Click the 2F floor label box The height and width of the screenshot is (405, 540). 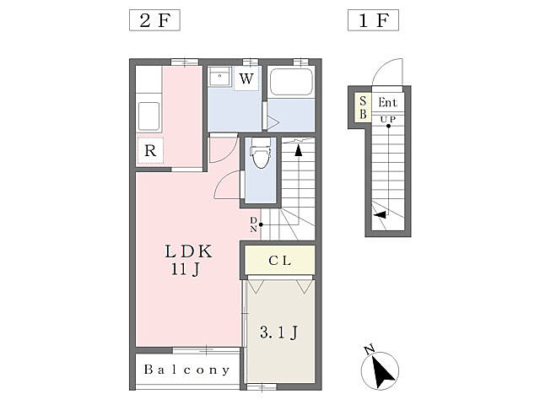(x=154, y=20)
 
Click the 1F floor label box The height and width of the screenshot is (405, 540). (x=373, y=20)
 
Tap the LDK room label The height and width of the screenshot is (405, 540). (x=189, y=251)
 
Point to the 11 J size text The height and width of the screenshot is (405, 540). (x=186, y=269)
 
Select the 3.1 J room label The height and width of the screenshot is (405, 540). (x=279, y=332)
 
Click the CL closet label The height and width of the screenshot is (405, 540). (x=279, y=261)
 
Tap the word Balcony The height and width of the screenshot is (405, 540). (x=186, y=370)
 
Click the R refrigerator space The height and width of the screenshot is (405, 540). (x=150, y=150)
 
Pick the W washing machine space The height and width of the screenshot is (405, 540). (x=246, y=78)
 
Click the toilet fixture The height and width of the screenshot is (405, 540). (x=261, y=153)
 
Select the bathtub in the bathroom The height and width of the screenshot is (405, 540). (x=291, y=82)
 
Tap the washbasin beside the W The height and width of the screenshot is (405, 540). (x=219, y=76)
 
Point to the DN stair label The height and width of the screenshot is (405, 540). (x=253, y=224)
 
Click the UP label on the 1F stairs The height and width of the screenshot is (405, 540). (x=388, y=120)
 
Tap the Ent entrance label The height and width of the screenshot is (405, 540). (x=388, y=102)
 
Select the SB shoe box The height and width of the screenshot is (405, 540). (x=364, y=107)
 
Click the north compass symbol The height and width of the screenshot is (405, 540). (x=380, y=370)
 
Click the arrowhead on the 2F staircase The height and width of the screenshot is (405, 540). (x=298, y=150)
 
